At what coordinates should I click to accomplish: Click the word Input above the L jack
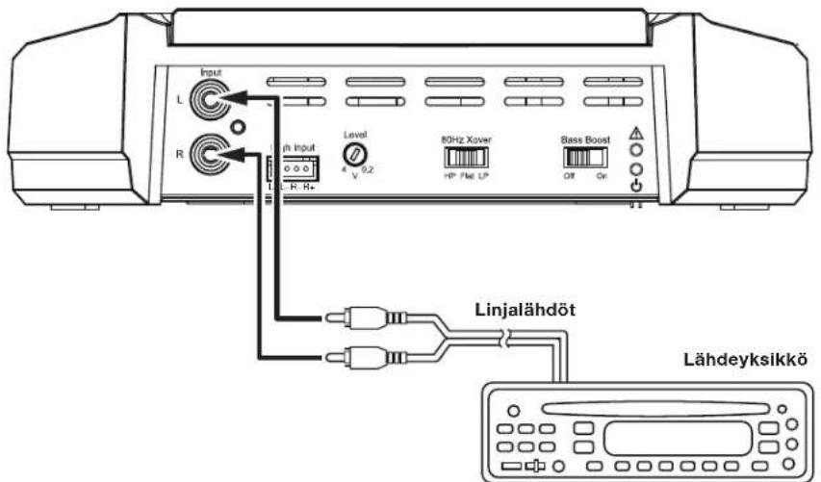[x=209, y=72]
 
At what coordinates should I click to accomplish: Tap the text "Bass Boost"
[x=585, y=140]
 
